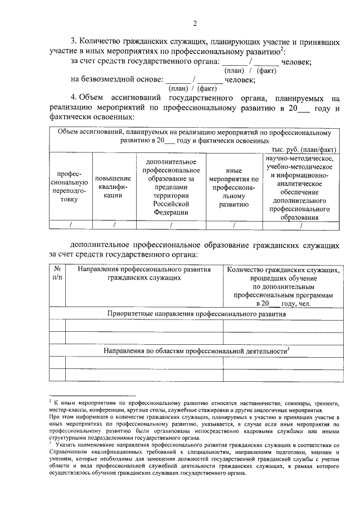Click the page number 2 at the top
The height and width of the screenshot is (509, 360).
click(x=195, y=23)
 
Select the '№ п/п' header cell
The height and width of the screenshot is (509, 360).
click(x=57, y=273)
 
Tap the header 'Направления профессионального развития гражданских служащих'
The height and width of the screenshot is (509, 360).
click(x=145, y=273)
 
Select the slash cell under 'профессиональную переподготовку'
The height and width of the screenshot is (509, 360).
click(x=70, y=225)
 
